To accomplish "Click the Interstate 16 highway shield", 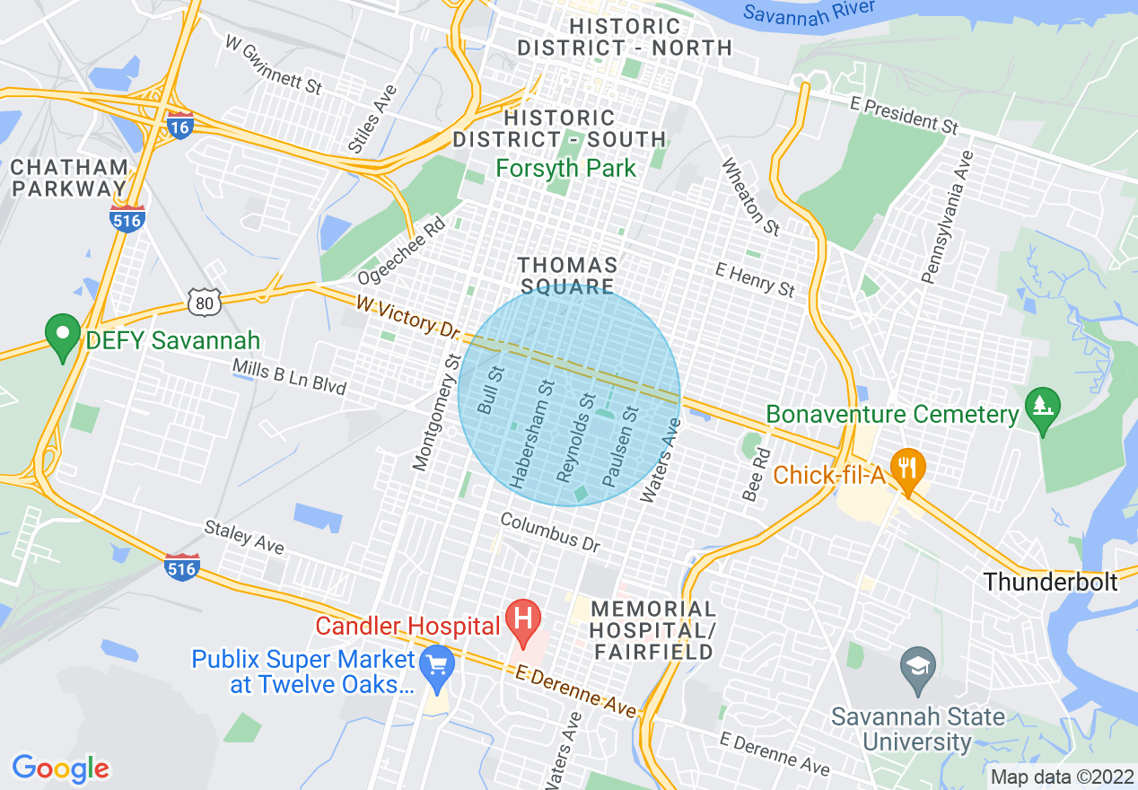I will [179, 127].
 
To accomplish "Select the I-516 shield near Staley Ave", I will [181, 566].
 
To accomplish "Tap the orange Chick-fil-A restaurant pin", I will [908, 470].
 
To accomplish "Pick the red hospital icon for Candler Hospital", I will [523, 620].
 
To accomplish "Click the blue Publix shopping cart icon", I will [437, 665].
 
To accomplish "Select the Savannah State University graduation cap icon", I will [918, 669].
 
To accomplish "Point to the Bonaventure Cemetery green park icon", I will [1043, 408].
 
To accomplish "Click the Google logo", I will [61, 768].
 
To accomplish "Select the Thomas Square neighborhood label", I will [568, 276].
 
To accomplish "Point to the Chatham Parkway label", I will [70, 178].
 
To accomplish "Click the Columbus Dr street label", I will [549, 532].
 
